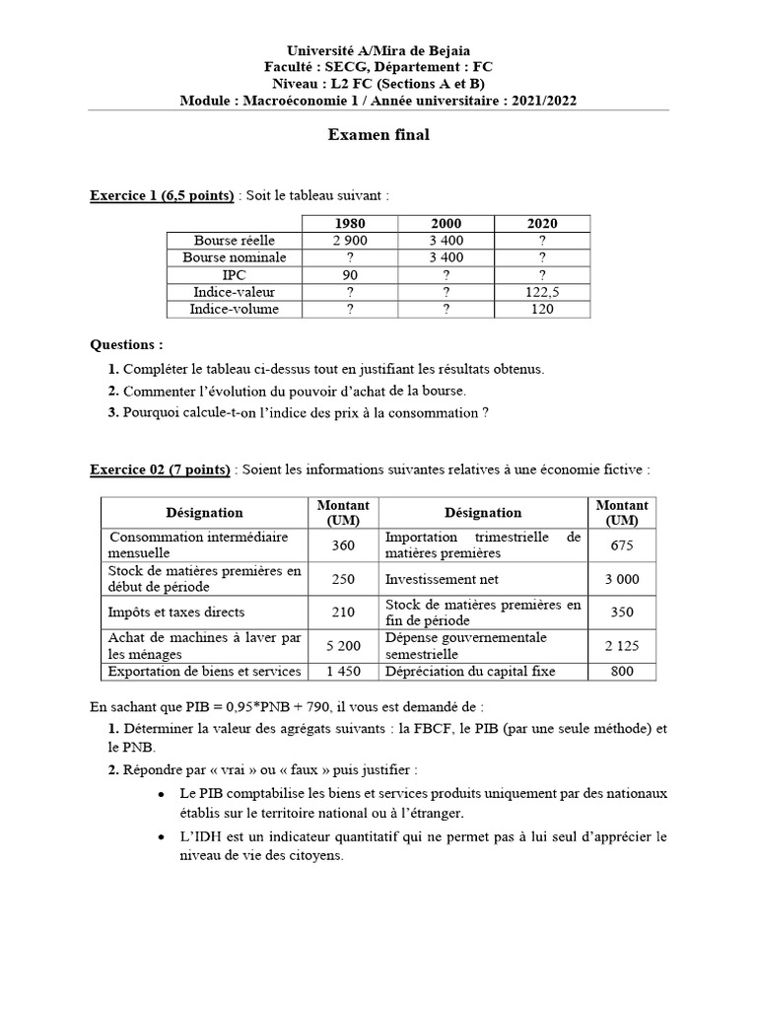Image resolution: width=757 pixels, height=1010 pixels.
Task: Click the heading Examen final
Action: [378, 136]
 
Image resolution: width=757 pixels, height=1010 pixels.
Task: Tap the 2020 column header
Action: [542, 223]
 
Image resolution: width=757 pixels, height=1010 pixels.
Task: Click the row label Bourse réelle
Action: [235, 241]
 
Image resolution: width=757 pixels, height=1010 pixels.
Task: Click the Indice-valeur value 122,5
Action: [542, 293]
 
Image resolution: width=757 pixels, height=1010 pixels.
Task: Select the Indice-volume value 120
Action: [542, 310]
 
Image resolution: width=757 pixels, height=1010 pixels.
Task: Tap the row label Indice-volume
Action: [235, 310]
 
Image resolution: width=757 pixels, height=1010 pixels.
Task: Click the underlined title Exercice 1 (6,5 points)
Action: [162, 195]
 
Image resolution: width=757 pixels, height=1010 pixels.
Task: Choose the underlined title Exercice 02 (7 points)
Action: [160, 469]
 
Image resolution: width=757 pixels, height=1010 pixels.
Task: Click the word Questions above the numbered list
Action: [126, 345]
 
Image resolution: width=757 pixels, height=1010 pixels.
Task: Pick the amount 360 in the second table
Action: [343, 544]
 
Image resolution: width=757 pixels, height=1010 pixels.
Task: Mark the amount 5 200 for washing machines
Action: [343, 646]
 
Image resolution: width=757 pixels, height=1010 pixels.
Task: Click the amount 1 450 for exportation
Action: [343, 672]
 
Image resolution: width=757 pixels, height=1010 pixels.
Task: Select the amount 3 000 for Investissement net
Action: [622, 579]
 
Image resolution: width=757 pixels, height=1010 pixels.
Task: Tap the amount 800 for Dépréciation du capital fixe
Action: [622, 672]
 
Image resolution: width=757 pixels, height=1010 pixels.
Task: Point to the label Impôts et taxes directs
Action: [176, 613]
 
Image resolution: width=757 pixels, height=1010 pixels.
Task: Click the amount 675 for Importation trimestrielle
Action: [622, 544]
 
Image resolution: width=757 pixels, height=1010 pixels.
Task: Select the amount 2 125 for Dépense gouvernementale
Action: [622, 646]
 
